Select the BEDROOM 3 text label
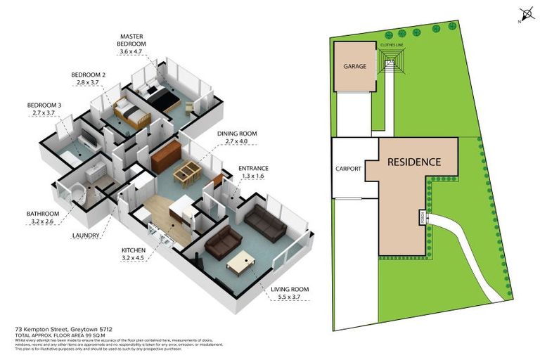click(44, 108)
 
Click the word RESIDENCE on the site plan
click(413, 162)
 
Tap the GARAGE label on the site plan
click(355, 66)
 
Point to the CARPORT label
click(348, 169)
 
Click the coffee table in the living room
click(241, 264)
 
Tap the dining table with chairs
click(187, 172)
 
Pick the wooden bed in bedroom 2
click(132, 112)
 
